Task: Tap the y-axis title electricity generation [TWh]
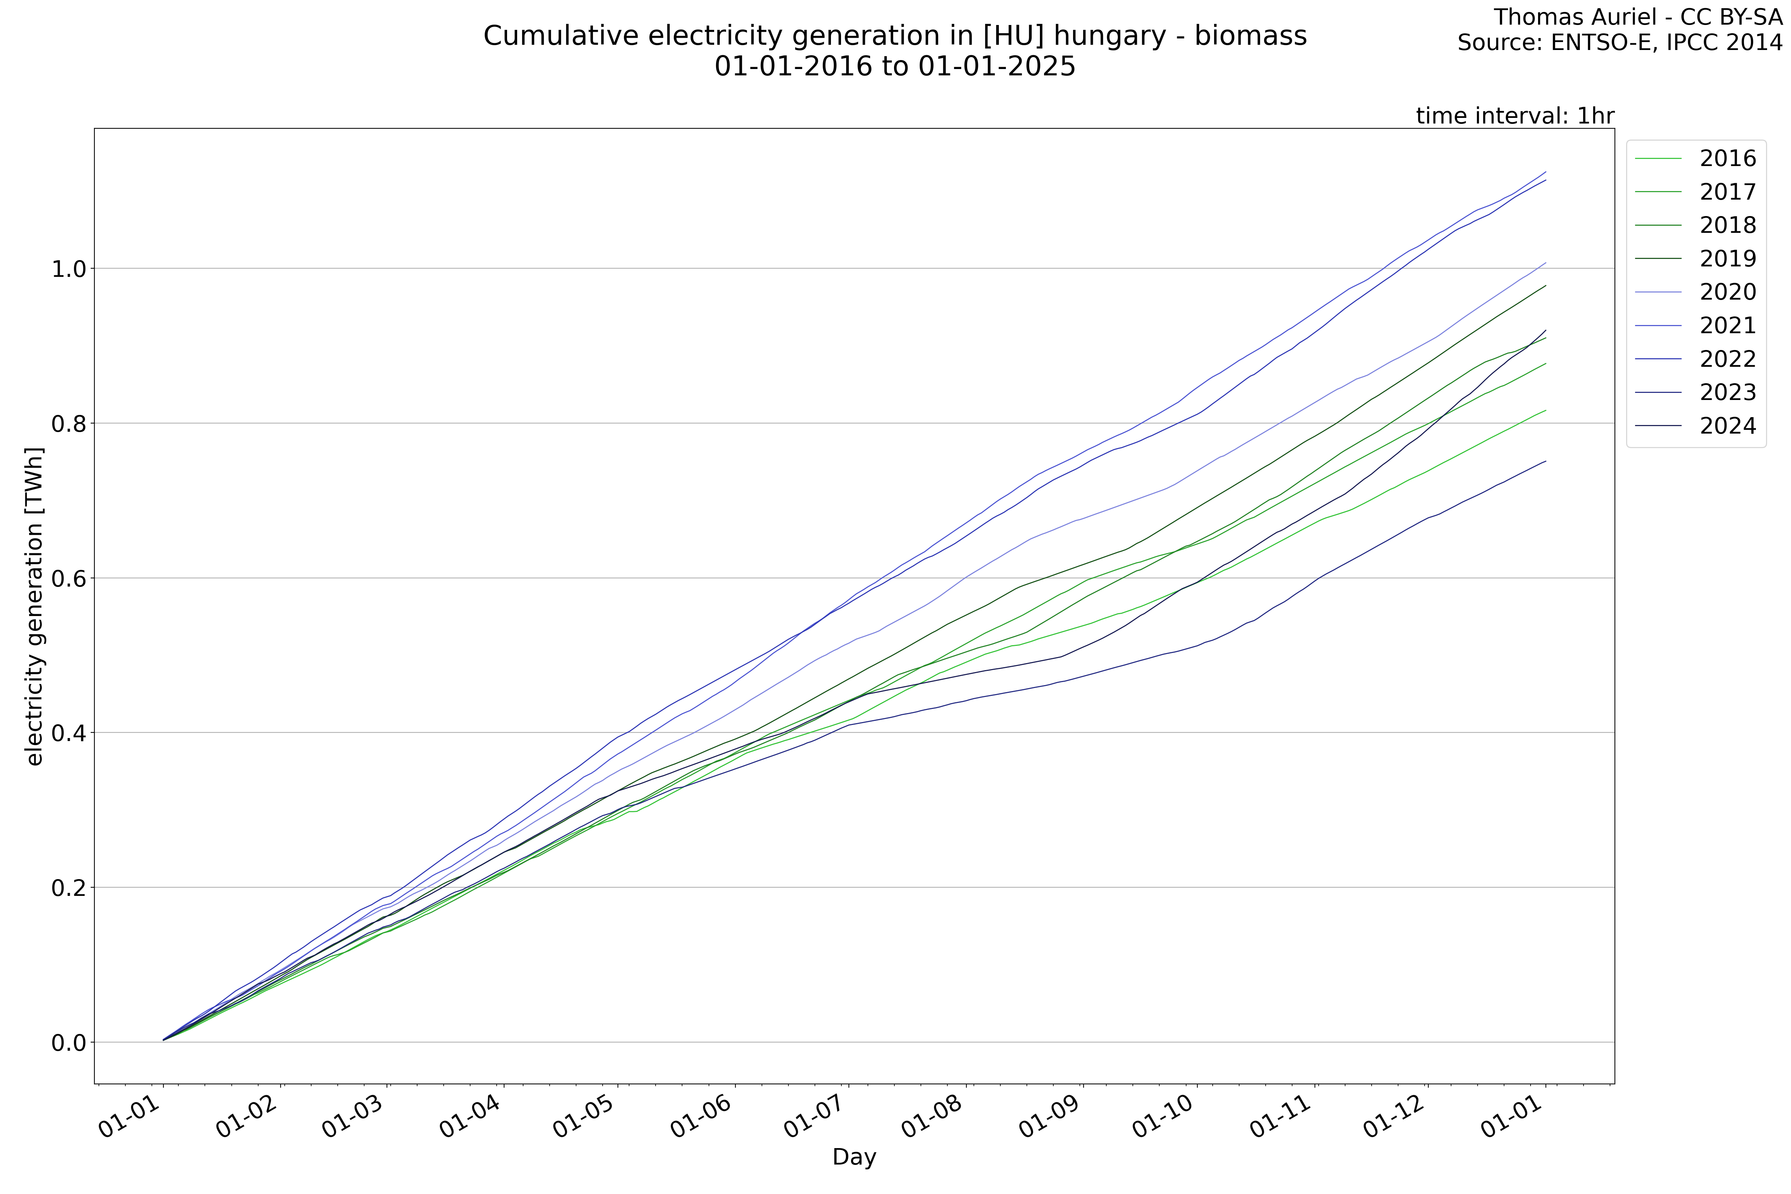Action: [34, 606]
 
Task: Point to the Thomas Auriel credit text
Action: [1637, 17]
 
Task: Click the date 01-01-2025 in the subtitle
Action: [997, 67]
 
